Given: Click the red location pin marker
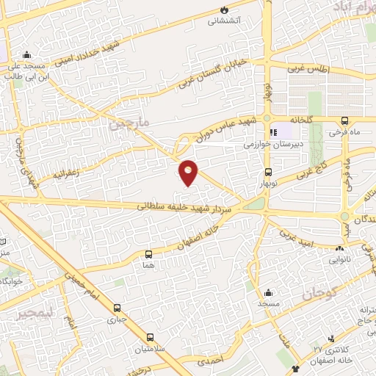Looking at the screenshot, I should (189, 172).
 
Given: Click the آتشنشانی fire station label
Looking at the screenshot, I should (223, 21).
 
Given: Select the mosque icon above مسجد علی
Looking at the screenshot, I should (28, 54).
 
